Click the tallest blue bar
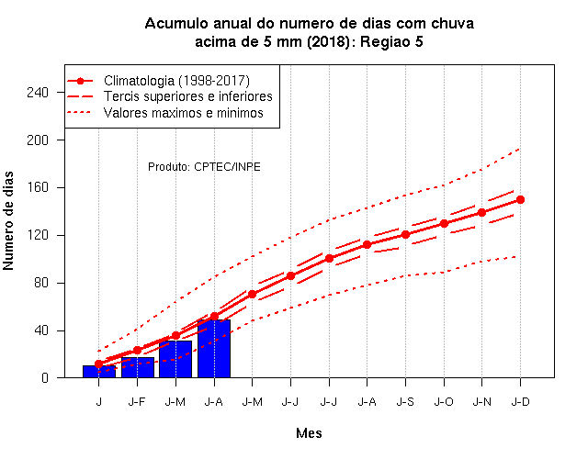(x=214, y=349)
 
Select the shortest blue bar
(x=99, y=371)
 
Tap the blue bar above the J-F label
(x=138, y=367)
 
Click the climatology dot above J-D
(x=520, y=200)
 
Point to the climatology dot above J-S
(x=405, y=235)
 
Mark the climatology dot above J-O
(x=444, y=224)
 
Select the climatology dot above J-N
(x=481, y=212)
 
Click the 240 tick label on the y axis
(x=38, y=92)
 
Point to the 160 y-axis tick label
(x=38, y=187)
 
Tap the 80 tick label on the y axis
(x=41, y=283)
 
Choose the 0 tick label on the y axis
(x=45, y=377)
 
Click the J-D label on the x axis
(x=521, y=402)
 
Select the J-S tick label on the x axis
(x=405, y=402)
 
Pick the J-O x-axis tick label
(x=444, y=402)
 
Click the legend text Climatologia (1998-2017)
(x=176, y=81)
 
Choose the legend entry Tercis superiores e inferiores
(x=188, y=96)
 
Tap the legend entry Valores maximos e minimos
(x=184, y=113)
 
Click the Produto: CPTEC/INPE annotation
(x=204, y=167)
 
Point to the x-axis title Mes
(x=309, y=433)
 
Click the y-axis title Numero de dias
(x=8, y=220)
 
